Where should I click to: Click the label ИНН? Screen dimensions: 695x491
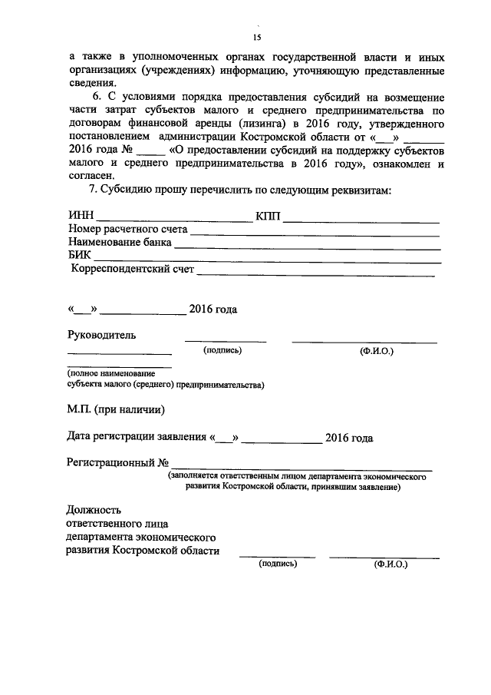81,217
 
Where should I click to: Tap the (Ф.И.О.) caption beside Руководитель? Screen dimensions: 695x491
376,350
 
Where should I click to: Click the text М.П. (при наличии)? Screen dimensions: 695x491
115,408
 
